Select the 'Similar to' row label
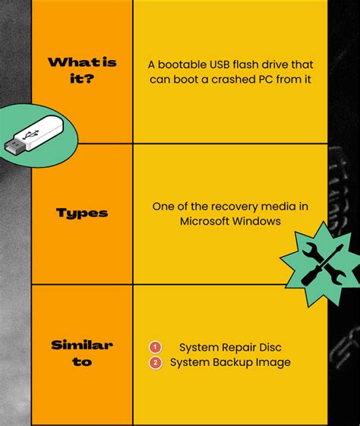81,353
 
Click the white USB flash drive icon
38,134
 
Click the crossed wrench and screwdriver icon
318,263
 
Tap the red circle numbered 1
156,347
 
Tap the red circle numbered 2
156,362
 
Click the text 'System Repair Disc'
230,347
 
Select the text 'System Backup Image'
230,362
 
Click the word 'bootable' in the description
185,65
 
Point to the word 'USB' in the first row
229,65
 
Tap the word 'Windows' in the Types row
258,221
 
